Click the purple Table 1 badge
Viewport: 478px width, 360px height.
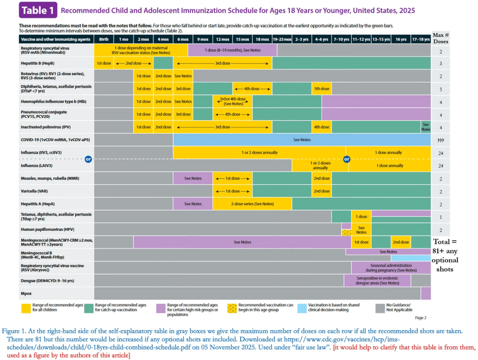[x=38, y=10]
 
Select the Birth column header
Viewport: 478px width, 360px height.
[x=104, y=39]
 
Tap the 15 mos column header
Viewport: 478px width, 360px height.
[x=242, y=39]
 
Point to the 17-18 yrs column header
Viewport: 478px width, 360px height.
[x=421, y=39]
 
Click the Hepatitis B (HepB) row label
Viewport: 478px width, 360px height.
[x=37, y=63]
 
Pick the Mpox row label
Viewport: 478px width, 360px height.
[x=26, y=294]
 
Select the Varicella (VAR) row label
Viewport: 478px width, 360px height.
[x=34, y=191]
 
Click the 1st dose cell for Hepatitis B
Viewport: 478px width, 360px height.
[x=104, y=63]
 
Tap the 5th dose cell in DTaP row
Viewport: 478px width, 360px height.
[x=322, y=89]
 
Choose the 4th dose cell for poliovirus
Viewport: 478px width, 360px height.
[x=322, y=127]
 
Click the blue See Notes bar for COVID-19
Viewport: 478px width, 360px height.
[x=302, y=140]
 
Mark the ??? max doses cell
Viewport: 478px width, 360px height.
[x=441, y=140]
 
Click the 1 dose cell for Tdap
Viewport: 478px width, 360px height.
[x=361, y=216]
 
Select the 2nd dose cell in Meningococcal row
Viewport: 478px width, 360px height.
[x=401, y=242]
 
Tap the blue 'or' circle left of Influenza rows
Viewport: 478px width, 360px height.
[x=88, y=159]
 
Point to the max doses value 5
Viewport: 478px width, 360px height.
[x=441, y=90]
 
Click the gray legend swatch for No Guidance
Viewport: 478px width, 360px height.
[x=380, y=308]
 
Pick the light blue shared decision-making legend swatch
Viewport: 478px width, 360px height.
[x=302, y=308]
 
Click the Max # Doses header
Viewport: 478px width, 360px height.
[x=441, y=38]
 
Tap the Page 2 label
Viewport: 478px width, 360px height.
[x=421, y=318]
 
